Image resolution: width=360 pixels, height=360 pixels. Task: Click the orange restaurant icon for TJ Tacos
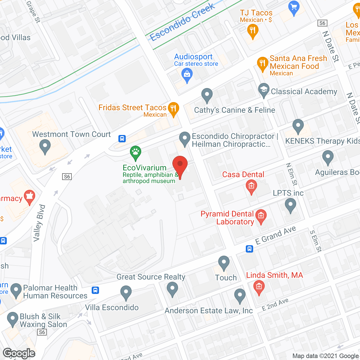pos(252,30)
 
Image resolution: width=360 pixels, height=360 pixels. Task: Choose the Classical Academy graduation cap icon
pos(264,90)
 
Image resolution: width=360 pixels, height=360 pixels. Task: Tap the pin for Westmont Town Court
pos(45,147)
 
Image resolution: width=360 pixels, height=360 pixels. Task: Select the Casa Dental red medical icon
pos(251,186)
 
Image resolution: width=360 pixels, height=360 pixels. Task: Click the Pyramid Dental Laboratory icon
pos(261,217)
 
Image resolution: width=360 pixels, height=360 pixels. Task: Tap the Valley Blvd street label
pos(39,223)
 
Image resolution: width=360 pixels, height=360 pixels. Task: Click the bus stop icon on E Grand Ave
pos(249,249)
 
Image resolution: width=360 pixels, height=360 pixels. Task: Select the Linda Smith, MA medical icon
pos(259,287)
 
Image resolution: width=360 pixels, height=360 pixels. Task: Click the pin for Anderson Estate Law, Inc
pos(240,295)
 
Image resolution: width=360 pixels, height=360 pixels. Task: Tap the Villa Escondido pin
pos(126,292)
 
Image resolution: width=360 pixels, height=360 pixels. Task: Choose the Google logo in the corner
pos(19,353)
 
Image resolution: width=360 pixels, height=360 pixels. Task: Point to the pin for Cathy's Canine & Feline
pos(207,95)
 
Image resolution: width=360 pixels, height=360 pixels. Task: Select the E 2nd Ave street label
pos(275,304)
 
